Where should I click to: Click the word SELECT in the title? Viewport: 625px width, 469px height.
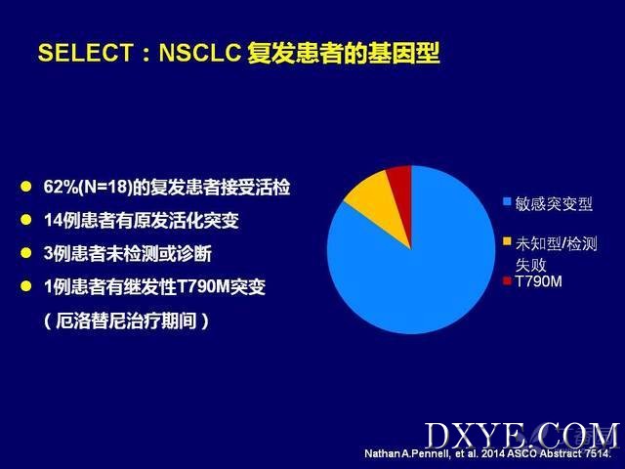pyautogui.click(x=85, y=53)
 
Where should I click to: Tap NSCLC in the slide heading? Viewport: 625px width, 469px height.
pyautogui.click(x=199, y=53)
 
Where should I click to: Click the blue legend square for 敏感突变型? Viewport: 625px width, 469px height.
pyautogui.click(x=507, y=201)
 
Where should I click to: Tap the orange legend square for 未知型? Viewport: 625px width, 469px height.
pyautogui.click(x=507, y=241)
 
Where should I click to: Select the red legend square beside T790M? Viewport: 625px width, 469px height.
pyautogui.click(x=507, y=281)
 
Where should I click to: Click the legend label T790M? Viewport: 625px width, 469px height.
pyautogui.click(x=538, y=281)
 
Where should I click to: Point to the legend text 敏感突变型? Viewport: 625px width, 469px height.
pyautogui.click(x=554, y=204)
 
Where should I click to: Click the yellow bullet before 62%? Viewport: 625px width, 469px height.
pyautogui.click(x=26, y=187)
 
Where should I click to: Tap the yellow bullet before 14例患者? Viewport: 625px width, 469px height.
pyautogui.click(x=26, y=220)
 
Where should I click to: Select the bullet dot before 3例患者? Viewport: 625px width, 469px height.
pyautogui.click(x=26, y=253)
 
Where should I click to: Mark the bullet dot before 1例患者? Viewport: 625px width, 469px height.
pyautogui.click(x=26, y=286)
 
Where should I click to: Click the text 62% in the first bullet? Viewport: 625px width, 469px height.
pyautogui.click(x=61, y=187)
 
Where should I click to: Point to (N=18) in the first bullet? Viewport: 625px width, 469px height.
pyautogui.click(x=105, y=187)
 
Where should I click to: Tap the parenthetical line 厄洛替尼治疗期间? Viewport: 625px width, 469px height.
pyautogui.click(x=126, y=320)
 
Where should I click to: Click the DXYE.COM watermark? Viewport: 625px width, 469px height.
pyautogui.click(x=521, y=436)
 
